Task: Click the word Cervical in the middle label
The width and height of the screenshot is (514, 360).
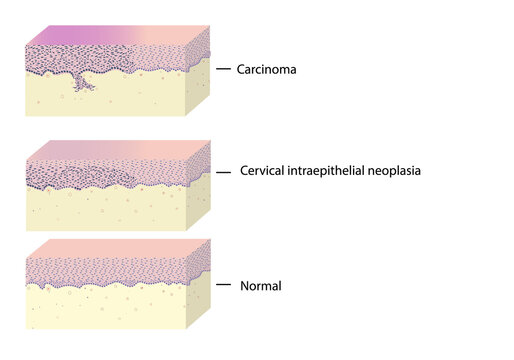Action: pyautogui.click(x=263, y=171)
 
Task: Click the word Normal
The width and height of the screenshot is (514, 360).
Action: pyautogui.click(x=261, y=286)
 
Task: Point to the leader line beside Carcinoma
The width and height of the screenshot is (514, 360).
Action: pyautogui.click(x=224, y=70)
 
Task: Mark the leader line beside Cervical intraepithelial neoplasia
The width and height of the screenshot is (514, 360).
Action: pyautogui.click(x=224, y=172)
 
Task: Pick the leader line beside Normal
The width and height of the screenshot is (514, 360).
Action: pyautogui.click(x=224, y=286)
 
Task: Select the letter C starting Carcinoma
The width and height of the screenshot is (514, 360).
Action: pyautogui.click(x=241, y=70)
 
